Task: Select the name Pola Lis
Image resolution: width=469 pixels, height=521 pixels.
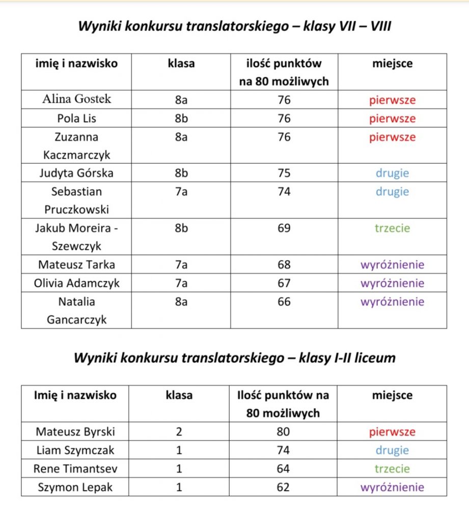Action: pos(76,119)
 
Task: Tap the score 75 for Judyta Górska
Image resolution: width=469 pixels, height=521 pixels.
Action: pos(284,173)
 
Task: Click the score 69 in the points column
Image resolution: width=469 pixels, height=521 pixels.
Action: pos(284,228)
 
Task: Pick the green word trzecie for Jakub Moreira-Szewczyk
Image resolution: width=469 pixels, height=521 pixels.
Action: pos(392,228)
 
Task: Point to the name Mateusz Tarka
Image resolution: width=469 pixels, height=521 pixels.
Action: pos(76,265)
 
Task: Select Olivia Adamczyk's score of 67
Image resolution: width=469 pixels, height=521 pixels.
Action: pos(284,283)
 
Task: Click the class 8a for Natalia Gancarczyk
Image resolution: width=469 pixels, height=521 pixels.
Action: pos(181,302)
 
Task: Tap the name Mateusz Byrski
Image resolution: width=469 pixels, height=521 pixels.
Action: pos(75,432)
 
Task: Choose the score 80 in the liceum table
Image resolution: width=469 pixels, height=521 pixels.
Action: pos(283,432)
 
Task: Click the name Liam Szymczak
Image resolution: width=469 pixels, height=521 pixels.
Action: pos(75,450)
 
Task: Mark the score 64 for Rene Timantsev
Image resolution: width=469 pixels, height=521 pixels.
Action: pos(283,469)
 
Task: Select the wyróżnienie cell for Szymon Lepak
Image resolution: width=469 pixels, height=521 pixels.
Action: pos(392,487)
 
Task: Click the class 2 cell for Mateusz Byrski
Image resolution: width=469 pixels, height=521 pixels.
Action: pos(179,432)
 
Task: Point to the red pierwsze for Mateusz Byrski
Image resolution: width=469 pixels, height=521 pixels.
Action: pos(392,432)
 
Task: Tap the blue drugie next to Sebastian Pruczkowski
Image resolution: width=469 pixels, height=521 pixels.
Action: pos(392,192)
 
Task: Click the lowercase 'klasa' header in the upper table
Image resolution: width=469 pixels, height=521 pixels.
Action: pos(181,64)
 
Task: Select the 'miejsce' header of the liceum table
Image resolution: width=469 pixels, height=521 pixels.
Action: pos(392,395)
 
